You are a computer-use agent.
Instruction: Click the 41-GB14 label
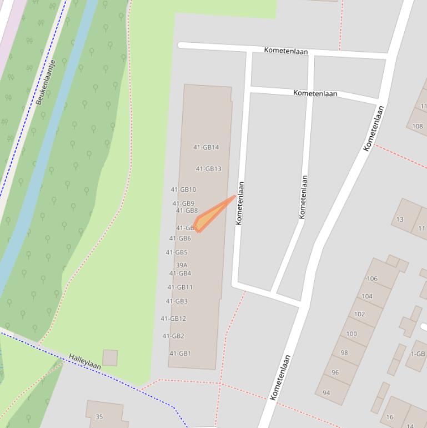pos(206,147)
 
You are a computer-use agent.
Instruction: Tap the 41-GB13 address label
pos(208,169)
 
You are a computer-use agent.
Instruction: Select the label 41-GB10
pos(183,190)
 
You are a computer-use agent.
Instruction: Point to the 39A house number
pos(182,265)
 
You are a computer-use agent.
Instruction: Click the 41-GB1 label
pos(180,353)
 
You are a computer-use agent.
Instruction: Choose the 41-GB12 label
pos(173,318)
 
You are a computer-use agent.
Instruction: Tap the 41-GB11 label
pos(180,287)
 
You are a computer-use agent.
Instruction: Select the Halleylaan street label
pos(85,362)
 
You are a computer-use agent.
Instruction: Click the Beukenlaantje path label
pos(46,82)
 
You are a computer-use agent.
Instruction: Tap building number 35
pos(99,416)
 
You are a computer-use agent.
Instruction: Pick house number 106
pos(372,278)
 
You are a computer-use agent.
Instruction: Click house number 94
pos(326,392)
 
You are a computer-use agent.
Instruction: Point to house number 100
pos(351,334)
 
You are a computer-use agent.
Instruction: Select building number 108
pos(417,126)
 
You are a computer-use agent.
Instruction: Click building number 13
pos(400,219)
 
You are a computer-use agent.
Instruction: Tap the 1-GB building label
pos(418,354)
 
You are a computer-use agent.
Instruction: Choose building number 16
pos(389,416)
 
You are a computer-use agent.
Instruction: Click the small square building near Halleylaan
pos(110,357)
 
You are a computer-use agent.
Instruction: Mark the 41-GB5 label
pos(177,252)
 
